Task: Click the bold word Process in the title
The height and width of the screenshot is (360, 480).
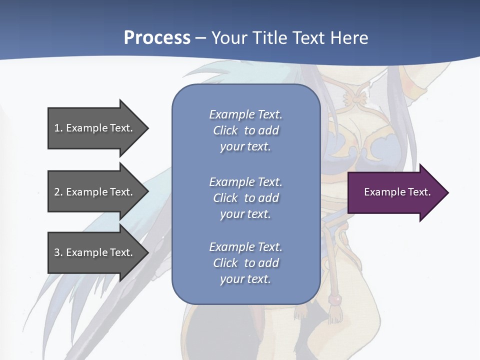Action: click(x=157, y=38)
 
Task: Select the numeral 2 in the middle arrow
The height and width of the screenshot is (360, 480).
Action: click(x=57, y=192)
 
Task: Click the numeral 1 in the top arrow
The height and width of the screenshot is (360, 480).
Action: click(x=57, y=128)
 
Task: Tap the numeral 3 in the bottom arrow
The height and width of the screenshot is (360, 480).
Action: click(x=57, y=252)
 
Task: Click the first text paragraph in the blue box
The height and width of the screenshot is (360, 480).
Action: click(x=245, y=130)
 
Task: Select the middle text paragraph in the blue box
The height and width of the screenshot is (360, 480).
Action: click(x=245, y=197)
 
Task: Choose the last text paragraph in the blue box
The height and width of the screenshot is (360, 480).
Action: click(x=245, y=263)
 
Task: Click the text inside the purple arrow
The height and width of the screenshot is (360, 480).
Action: click(x=397, y=192)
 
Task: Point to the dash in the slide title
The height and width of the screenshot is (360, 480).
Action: click(x=201, y=38)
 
